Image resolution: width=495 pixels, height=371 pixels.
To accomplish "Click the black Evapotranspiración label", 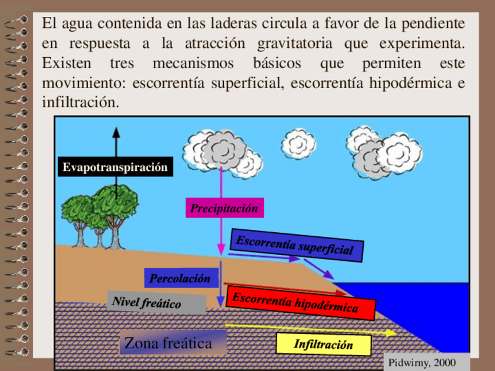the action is pyautogui.click(x=115, y=167).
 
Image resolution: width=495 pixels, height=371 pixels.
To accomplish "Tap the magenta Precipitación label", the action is pyautogui.click(x=224, y=208).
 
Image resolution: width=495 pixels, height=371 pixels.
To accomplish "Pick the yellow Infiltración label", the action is pyautogui.click(x=323, y=344).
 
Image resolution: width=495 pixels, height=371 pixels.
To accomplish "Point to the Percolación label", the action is pyautogui.click(x=180, y=278).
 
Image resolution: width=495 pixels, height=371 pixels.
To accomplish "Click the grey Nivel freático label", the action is pyautogui.click(x=155, y=303).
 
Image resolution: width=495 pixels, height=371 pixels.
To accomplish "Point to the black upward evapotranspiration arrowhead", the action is pyautogui.click(x=115, y=132).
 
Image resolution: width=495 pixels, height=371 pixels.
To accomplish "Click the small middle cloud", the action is pyautogui.click(x=298, y=143).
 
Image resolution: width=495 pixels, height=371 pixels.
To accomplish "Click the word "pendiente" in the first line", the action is pyautogui.click(x=434, y=24).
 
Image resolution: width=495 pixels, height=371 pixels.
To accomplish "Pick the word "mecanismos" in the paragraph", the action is pyautogui.click(x=193, y=63).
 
